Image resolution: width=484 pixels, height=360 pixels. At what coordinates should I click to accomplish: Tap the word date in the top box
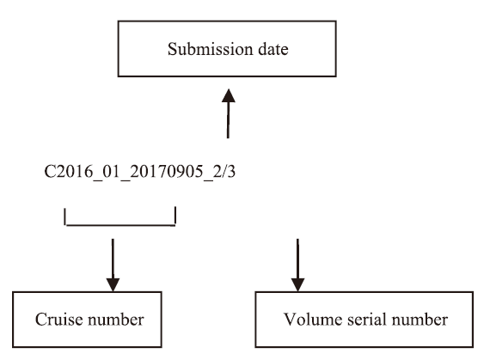tap(273, 49)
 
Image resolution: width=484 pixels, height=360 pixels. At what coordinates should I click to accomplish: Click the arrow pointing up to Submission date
tap(228, 113)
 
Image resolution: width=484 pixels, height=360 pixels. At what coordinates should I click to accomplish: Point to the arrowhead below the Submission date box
tap(229, 95)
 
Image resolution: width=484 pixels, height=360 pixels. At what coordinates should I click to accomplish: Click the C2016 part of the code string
tap(68, 171)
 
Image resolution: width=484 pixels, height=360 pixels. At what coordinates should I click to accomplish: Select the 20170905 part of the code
tap(167, 171)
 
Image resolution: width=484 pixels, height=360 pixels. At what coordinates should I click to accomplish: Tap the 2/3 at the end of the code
tap(224, 171)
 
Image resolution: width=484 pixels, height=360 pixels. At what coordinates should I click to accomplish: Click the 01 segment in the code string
tap(111, 171)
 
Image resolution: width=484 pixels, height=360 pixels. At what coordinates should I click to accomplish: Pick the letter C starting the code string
tap(49, 171)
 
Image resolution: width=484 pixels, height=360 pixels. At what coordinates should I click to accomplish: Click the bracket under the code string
tap(120, 225)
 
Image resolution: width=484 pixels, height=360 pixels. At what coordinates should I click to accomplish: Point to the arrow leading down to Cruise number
tap(113, 265)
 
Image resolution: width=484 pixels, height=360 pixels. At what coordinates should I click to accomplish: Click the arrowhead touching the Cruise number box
tap(113, 284)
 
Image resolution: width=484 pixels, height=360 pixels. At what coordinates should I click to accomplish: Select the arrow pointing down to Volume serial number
tap(297, 265)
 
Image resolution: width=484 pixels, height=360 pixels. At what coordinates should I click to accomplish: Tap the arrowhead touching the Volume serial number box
tap(297, 284)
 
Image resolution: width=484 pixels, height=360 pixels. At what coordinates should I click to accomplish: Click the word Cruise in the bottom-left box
tap(58, 320)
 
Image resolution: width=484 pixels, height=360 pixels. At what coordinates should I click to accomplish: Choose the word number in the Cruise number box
tap(116, 320)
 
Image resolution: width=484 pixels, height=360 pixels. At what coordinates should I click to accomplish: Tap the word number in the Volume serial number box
tap(420, 320)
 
